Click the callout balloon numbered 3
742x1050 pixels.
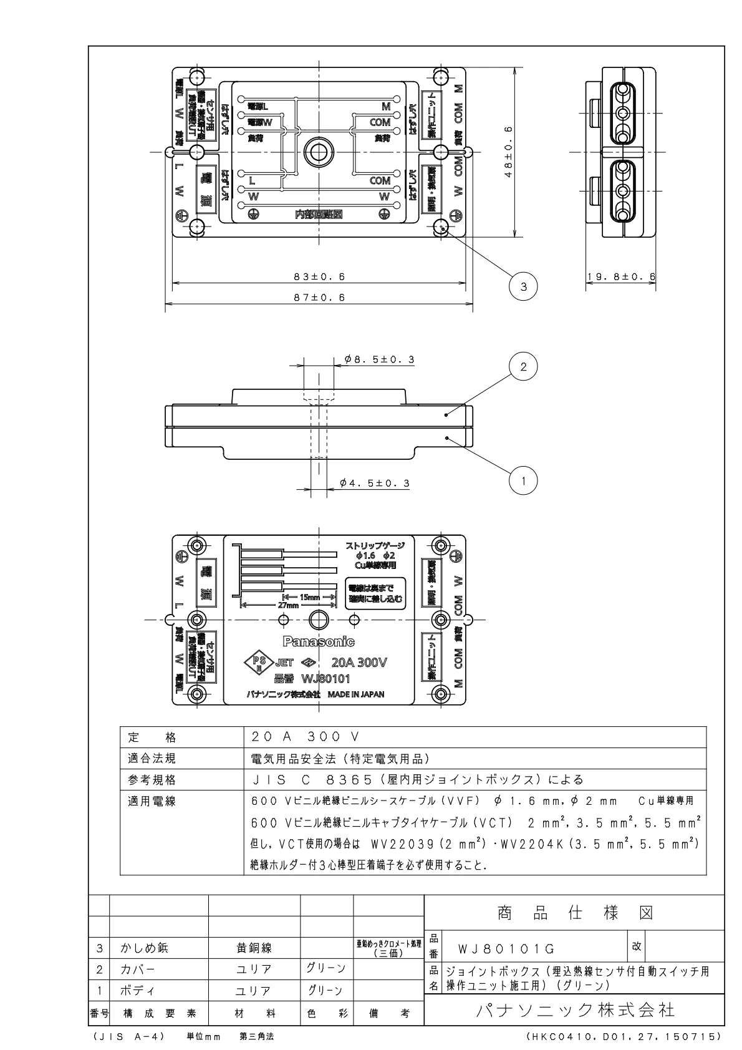pos(523,286)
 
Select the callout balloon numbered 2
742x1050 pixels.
pos(523,366)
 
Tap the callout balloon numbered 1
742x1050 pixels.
pos(523,480)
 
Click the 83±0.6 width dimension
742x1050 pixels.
pos(319,276)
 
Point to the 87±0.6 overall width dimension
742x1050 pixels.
pos(319,298)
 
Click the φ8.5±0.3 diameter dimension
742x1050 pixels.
pos(379,360)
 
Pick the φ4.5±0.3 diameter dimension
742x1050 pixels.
pos(375,483)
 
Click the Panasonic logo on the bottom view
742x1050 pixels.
pos(319,641)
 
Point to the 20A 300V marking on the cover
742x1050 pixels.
pos(359,663)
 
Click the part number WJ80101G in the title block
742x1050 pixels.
pos(506,950)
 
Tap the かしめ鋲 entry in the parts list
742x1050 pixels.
pos(144,949)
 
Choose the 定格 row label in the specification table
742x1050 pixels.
pos(152,737)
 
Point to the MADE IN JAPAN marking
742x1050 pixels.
pos(355,694)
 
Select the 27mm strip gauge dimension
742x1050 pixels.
pos(289,605)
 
